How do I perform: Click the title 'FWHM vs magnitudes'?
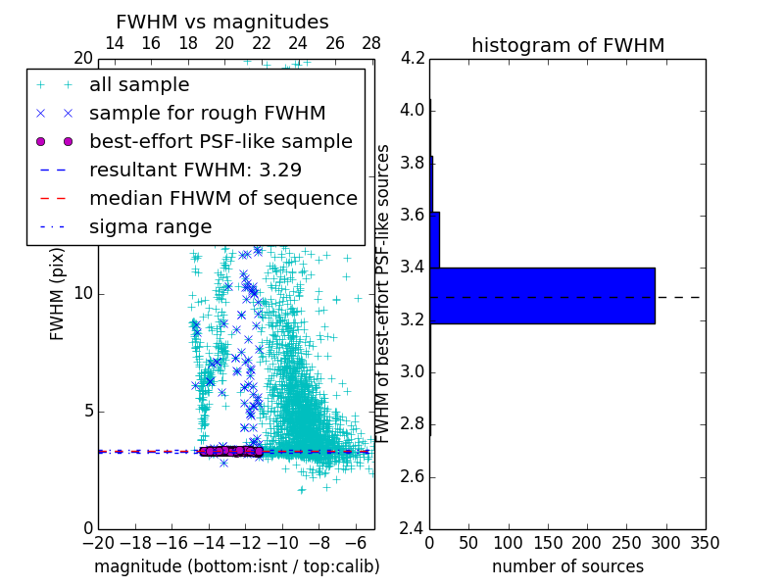(222, 22)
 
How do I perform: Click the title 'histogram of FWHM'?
(567, 45)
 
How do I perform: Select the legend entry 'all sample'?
(139, 85)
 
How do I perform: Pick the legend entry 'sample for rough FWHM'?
(207, 113)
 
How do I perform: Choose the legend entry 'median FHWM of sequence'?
(222, 198)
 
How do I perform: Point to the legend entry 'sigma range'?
(150, 226)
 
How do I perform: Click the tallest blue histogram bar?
(542, 295)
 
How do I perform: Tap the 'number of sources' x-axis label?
(567, 566)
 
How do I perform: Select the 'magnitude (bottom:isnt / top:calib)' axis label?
(236, 566)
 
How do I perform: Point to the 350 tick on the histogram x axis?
(705, 543)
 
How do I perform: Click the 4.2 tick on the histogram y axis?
(413, 58)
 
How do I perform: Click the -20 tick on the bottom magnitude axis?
(98, 543)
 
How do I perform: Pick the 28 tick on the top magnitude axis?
(371, 43)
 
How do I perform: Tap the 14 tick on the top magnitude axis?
(114, 43)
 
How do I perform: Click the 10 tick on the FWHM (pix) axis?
(83, 294)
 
